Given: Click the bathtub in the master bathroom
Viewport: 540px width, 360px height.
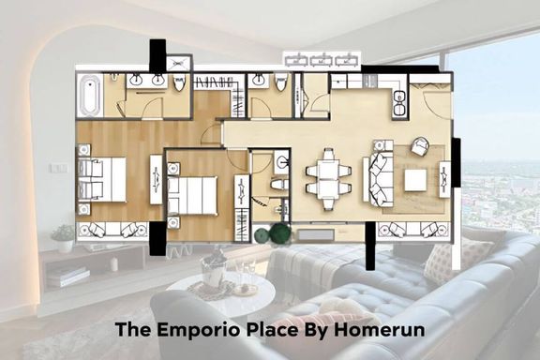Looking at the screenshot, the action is coord(89,95).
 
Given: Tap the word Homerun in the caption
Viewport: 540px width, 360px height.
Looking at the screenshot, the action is coord(379,330).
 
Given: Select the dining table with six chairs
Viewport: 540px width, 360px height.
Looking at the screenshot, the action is coord(328,179).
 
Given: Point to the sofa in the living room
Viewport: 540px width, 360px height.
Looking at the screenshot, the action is coord(378,179).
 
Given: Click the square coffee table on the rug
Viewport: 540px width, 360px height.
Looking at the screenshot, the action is coord(415,180).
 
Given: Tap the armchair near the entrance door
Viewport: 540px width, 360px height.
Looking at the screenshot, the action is coord(420,145).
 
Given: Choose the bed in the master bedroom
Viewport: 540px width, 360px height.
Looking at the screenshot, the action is coord(101,179).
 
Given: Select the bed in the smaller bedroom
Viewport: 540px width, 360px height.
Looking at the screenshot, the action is coord(192,195).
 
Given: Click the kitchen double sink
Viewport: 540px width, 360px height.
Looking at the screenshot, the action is coord(399,103).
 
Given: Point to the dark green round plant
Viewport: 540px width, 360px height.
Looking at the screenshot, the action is coord(280,233).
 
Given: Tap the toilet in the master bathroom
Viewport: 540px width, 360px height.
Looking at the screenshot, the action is coord(179,83).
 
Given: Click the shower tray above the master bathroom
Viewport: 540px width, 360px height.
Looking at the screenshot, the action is coord(178,63).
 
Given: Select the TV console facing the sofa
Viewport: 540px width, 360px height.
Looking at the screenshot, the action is coord(444,179).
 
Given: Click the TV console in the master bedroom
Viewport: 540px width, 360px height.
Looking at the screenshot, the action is coord(156,179).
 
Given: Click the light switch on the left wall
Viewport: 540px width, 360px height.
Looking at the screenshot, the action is coord(58,168).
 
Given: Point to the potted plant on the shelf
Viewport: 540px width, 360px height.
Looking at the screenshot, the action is coord(64,238).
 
